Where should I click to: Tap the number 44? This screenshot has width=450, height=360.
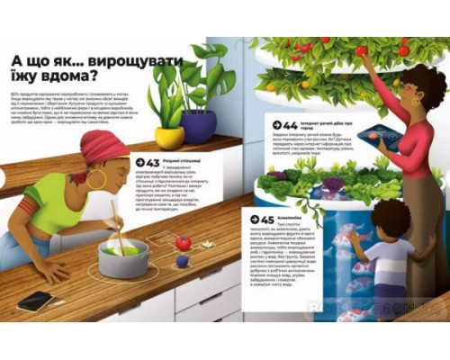point(290,125)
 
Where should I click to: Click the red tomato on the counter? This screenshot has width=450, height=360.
point(183,243)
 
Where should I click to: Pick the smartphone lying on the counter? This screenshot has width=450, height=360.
point(35,300)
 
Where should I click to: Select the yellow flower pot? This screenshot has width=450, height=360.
point(169,136)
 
